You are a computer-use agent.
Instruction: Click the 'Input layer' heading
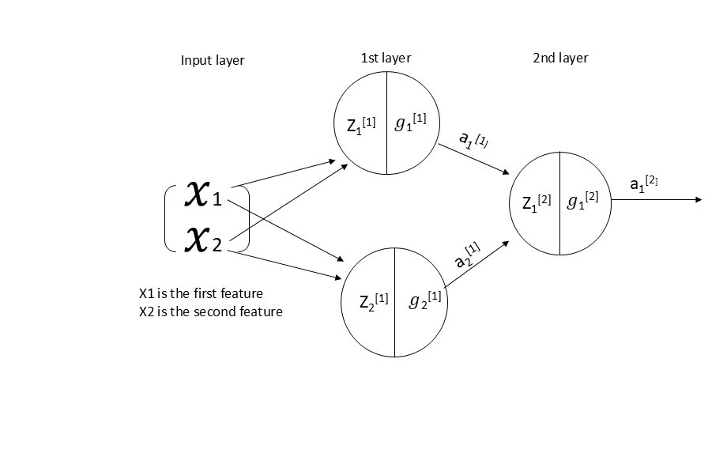213,61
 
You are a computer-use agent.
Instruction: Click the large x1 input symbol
203,194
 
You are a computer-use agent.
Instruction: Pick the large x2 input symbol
203,239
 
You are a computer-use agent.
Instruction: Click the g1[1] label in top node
411,123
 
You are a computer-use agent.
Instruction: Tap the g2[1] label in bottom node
425,300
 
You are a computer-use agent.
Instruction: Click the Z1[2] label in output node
538,202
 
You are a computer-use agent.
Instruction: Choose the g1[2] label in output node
583,200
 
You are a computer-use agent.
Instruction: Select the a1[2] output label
643,184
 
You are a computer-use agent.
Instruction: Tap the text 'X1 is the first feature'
201,293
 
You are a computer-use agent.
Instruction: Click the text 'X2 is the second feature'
210,312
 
